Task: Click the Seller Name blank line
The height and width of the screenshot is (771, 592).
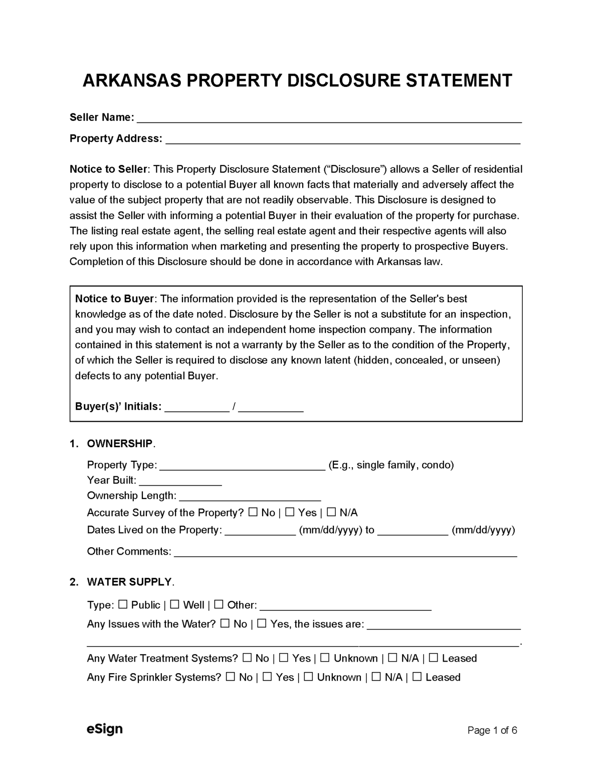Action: coord(329,118)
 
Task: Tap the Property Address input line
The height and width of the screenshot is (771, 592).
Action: coord(342,140)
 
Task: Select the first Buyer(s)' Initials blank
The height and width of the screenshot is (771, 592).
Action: coord(197,408)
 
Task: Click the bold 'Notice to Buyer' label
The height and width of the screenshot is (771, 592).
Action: coord(114,299)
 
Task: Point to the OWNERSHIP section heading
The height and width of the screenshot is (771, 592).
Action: coord(120,444)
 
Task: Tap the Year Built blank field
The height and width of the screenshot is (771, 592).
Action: coord(180,481)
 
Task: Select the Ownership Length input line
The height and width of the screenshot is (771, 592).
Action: coord(250,496)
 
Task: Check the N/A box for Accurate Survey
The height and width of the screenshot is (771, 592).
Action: coord(331,512)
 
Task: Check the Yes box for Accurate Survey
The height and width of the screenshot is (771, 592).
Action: coord(290,512)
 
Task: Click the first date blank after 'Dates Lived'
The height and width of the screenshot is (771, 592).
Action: coord(260,531)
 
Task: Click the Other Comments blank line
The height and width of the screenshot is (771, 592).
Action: coord(345,552)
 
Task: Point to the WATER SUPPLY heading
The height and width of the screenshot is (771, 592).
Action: coord(129,582)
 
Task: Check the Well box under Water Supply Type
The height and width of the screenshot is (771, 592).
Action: coord(175,605)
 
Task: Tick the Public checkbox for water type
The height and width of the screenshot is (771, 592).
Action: coord(123,605)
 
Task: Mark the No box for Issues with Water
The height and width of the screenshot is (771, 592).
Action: coord(225,624)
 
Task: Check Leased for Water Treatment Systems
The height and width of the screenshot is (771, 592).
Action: coord(434,658)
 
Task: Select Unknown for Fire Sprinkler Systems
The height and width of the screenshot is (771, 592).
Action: coord(308,677)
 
